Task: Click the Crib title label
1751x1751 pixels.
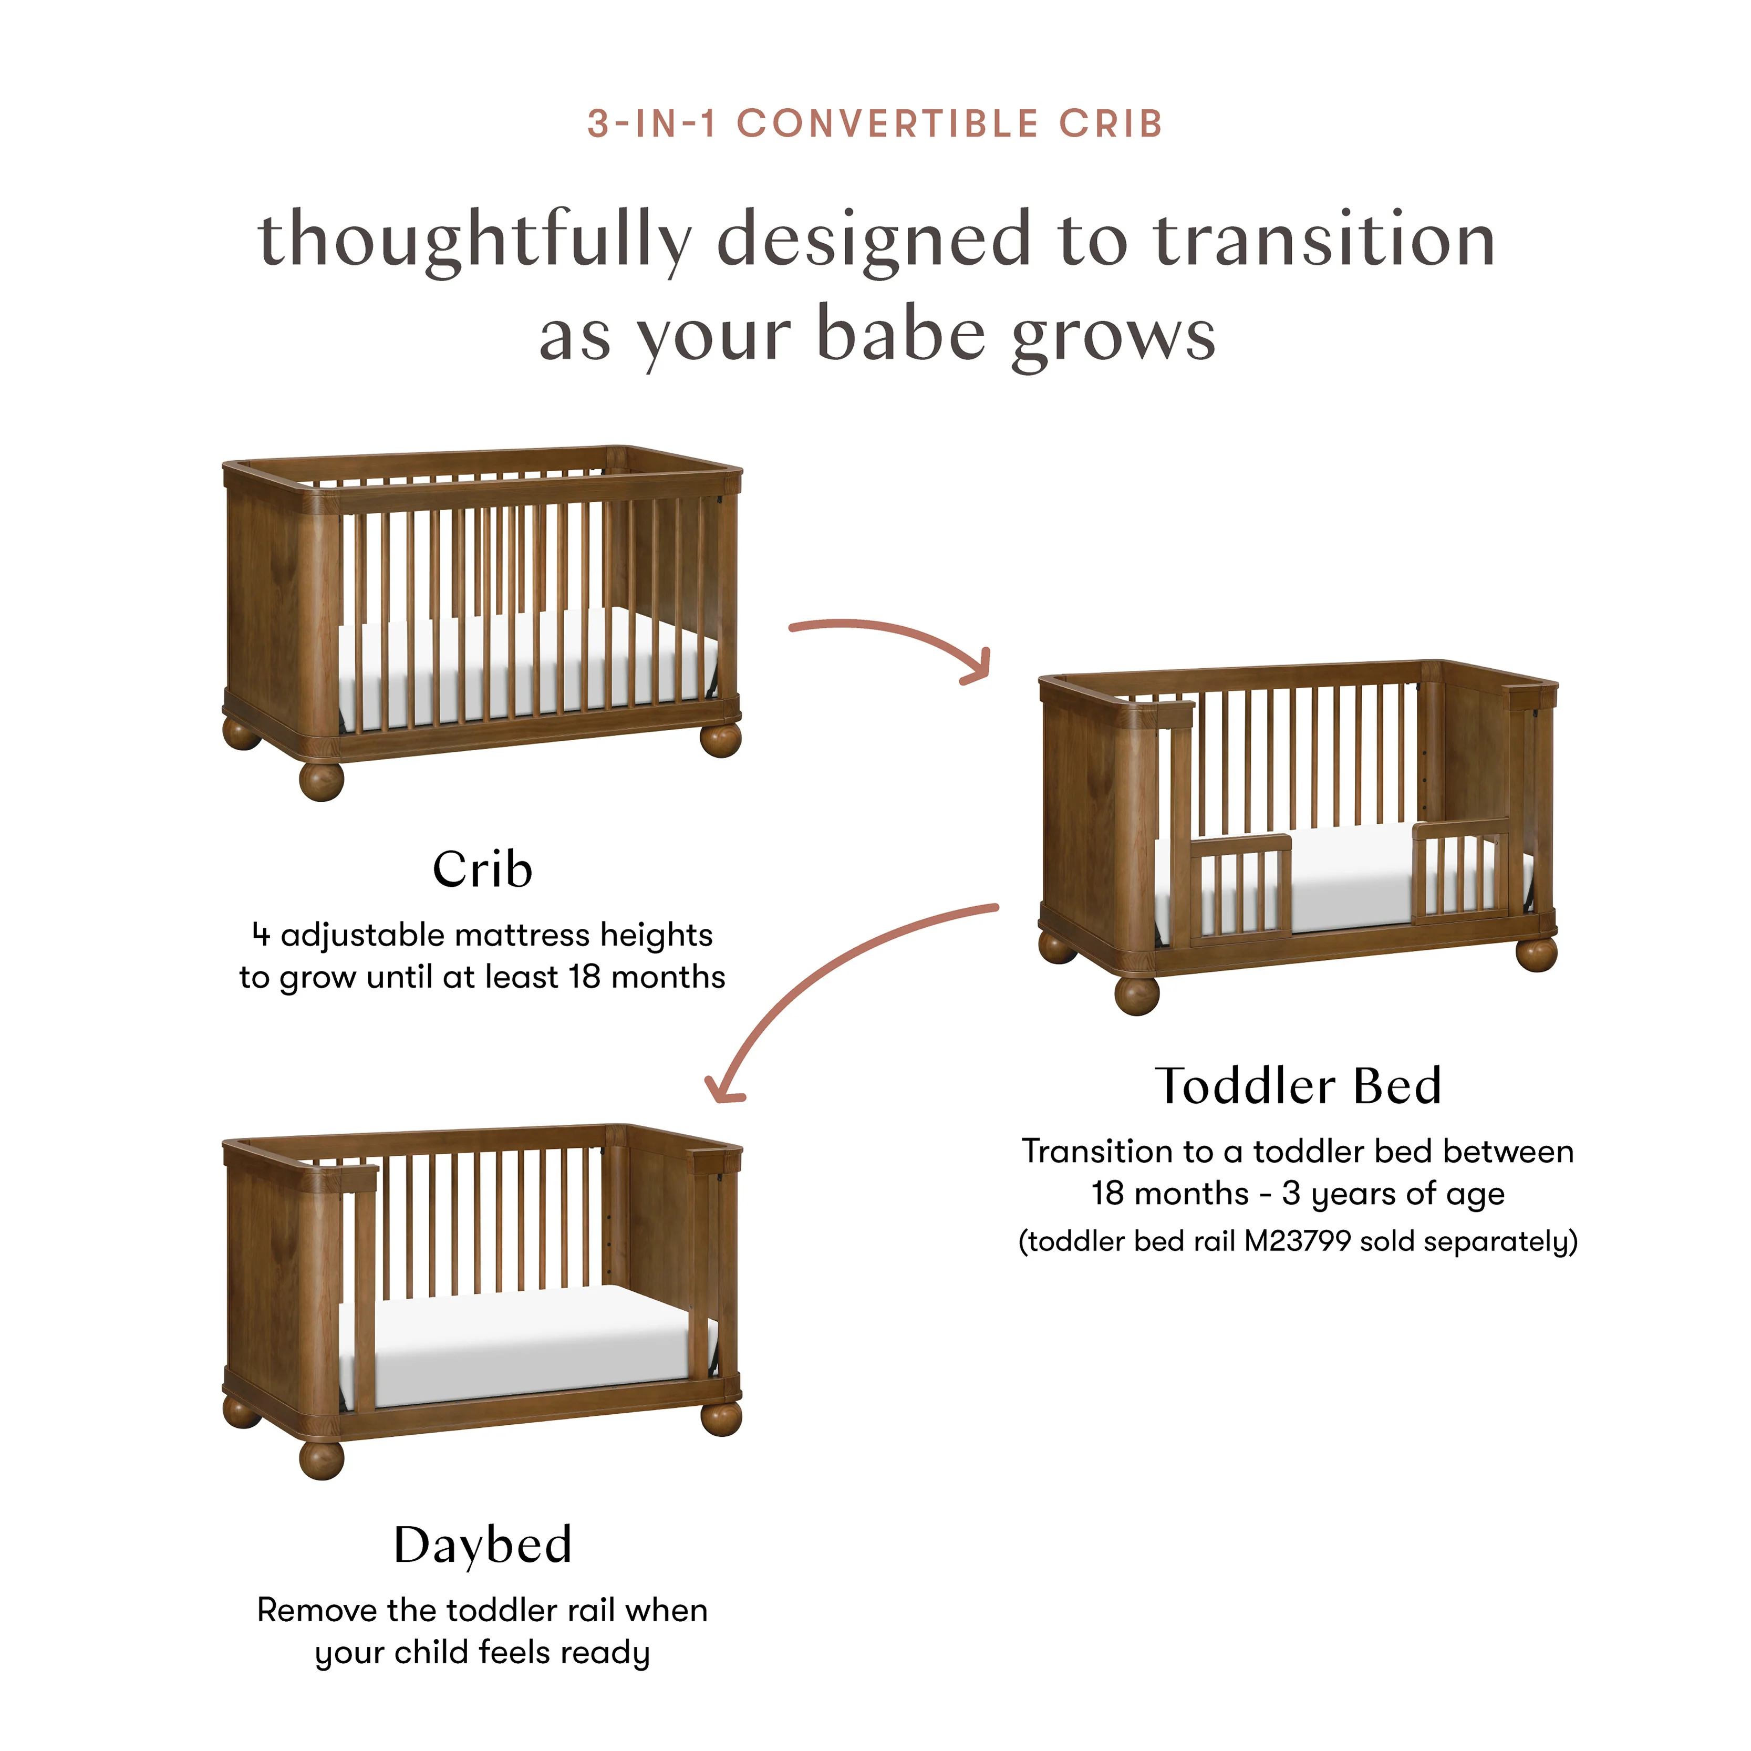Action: (482, 870)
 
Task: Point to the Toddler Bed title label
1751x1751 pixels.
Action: (1298, 1086)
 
